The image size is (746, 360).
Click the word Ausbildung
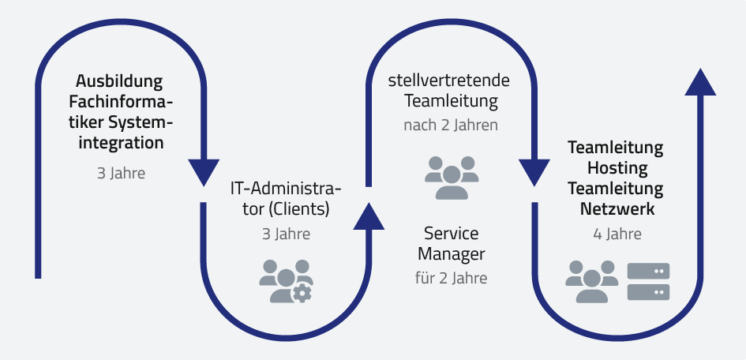119,81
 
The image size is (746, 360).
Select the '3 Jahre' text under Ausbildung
121,173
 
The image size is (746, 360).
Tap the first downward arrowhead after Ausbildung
204,171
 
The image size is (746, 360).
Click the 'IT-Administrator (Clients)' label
286,200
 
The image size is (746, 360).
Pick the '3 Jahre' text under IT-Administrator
286,234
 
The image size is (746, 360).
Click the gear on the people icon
302,293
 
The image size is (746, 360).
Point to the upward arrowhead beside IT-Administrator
369,215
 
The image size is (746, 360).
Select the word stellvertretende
449,81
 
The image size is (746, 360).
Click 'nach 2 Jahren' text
450,126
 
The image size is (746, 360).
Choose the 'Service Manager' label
451,244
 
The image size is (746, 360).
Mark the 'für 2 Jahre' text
451,278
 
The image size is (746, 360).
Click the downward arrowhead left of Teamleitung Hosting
534,171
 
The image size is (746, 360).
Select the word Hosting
617,168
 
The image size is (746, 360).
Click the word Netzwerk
617,209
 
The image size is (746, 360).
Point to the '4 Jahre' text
617,234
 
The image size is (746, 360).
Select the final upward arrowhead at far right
700,82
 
